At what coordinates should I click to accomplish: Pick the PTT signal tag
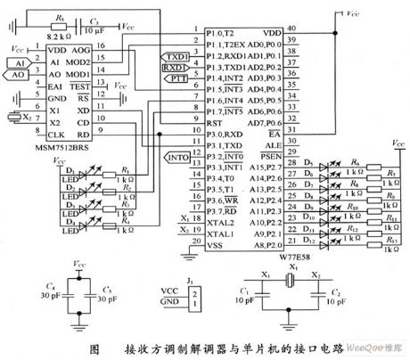click(x=174, y=78)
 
